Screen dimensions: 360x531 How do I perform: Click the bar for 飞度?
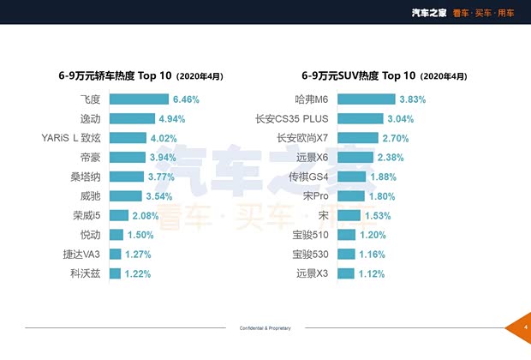pos(139,99)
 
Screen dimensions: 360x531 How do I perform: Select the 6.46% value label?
pos(186,99)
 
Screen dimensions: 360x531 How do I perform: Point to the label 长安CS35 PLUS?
pos(292,119)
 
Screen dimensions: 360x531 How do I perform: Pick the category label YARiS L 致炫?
pos(71,138)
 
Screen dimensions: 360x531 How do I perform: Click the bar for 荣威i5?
pos(118,216)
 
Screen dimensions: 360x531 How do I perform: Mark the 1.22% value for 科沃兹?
pos(137,274)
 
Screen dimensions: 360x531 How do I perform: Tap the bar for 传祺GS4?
pos(351,177)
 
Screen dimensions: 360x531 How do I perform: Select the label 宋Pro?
pos(315,196)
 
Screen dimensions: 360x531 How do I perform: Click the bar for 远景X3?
pos(345,274)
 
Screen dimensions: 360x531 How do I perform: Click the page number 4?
pos(525,327)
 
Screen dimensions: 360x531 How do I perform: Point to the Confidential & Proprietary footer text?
pos(265,328)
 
